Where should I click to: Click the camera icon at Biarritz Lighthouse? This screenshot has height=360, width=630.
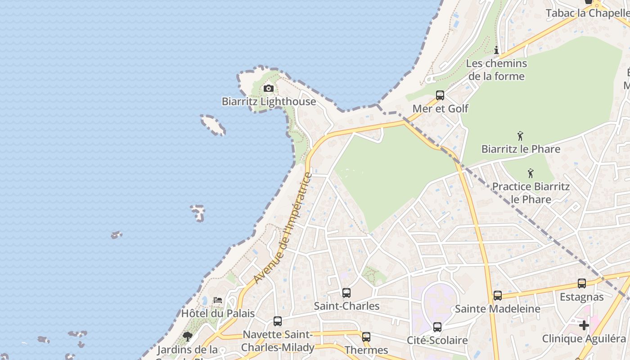269,88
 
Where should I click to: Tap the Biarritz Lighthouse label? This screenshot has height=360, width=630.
269,102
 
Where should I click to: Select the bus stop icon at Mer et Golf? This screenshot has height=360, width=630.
440,95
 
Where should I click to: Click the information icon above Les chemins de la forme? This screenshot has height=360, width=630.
496,50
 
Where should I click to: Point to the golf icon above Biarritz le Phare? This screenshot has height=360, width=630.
521,135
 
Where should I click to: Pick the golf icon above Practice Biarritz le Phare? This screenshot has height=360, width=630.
531,173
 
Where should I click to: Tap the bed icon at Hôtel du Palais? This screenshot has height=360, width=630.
218,300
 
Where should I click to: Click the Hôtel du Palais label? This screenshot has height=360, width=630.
218,314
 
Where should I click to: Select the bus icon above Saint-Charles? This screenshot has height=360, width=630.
346,293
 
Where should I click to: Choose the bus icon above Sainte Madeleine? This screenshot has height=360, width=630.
498,296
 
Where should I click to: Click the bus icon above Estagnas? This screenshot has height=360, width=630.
582,283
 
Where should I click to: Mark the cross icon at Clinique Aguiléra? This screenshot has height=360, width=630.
584,325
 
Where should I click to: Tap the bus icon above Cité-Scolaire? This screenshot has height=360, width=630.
437,327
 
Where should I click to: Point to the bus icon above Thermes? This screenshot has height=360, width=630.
366,337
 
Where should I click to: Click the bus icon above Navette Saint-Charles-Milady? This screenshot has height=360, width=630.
278,321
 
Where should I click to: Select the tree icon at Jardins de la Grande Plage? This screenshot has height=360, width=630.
187,336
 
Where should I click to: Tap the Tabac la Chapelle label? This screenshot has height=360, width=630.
587,13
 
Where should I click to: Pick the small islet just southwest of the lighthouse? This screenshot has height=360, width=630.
213,125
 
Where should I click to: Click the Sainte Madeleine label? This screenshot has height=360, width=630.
497,309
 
